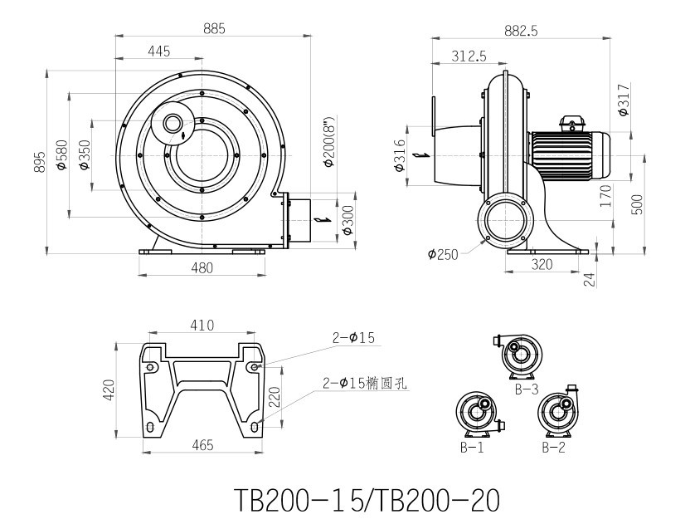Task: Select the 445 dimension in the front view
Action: pyautogui.click(x=158, y=51)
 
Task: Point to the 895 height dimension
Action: pyautogui.click(x=39, y=161)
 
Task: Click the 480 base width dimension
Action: pyautogui.click(x=202, y=267)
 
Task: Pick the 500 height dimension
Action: pyautogui.click(x=637, y=205)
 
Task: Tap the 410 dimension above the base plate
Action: pyautogui.click(x=202, y=325)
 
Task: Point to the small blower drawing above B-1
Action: pyautogui.click(x=478, y=412)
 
